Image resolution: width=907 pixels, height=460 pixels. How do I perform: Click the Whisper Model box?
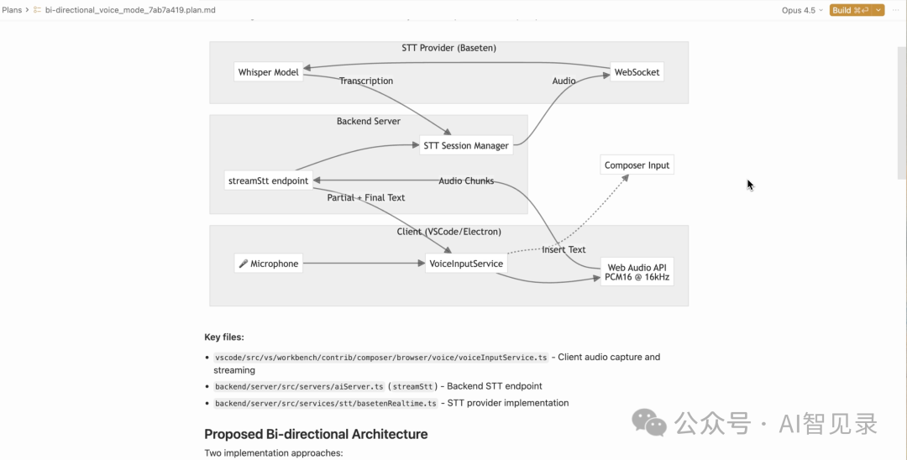click(x=269, y=72)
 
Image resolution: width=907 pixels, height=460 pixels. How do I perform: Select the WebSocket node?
click(x=637, y=72)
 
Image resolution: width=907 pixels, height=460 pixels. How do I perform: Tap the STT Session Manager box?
click(x=465, y=145)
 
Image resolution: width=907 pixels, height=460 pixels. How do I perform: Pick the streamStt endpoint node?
click(x=268, y=180)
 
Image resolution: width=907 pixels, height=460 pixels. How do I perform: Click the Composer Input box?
click(x=637, y=165)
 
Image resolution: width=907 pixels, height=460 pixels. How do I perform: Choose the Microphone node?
click(x=268, y=264)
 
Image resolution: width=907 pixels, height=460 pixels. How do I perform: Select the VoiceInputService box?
click(x=465, y=264)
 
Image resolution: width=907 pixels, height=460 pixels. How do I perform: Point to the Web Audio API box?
click(x=637, y=272)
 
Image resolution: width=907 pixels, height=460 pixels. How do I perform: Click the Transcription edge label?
click(x=365, y=81)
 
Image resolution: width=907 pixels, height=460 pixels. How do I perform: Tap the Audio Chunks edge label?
click(x=466, y=181)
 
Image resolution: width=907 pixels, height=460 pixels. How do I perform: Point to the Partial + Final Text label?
click(x=366, y=198)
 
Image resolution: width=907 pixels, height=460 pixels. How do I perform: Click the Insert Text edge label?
click(x=564, y=249)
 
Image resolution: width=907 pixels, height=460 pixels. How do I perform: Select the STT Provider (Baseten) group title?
click(x=448, y=48)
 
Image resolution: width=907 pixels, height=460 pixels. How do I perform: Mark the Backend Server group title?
click(x=369, y=122)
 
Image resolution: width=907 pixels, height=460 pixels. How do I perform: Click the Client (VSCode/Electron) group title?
click(x=448, y=232)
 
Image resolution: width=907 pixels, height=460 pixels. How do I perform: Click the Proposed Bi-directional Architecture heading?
click(x=316, y=434)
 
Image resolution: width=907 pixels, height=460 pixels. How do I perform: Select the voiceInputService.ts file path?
click(x=380, y=358)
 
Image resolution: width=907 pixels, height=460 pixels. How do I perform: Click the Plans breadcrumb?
click(x=12, y=10)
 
